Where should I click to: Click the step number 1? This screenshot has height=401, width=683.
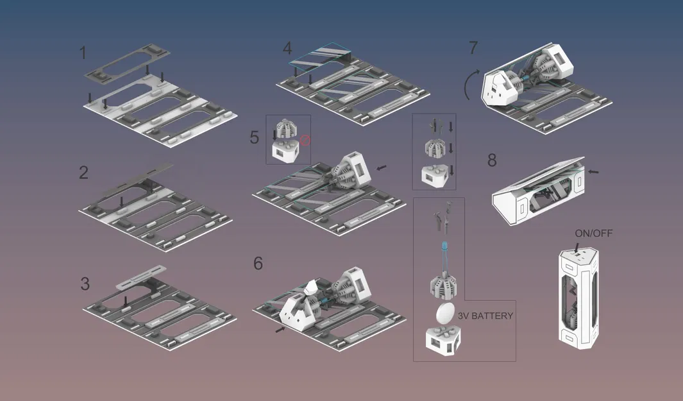pos(83,53)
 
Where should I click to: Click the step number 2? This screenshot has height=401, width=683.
pos(83,172)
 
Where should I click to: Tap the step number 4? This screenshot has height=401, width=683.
pos(287,48)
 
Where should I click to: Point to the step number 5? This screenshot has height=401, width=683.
pos(255,137)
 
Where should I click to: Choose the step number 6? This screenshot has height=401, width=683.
pos(258,263)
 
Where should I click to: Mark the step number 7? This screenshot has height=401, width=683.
pos(473,47)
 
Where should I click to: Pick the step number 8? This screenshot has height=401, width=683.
pos(492,160)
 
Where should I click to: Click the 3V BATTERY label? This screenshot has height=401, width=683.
pos(485,316)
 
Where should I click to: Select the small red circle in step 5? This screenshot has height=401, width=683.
pos(305,139)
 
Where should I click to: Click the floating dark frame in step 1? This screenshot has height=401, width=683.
pos(128,63)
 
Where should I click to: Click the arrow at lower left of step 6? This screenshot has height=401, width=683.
pos(279,329)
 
